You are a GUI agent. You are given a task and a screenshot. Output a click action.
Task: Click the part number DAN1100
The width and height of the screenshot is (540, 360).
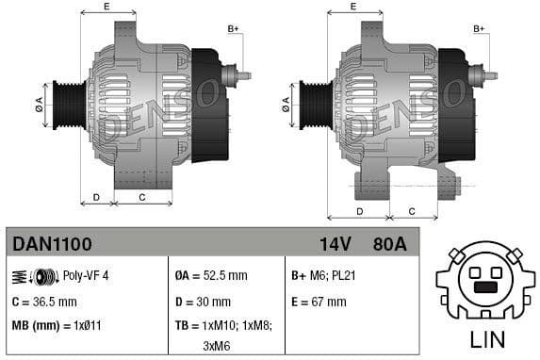(x=52, y=245)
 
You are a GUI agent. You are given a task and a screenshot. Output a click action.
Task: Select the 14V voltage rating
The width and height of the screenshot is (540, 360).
(x=335, y=245)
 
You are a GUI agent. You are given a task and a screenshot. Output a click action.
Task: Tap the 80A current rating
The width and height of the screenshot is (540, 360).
(x=388, y=245)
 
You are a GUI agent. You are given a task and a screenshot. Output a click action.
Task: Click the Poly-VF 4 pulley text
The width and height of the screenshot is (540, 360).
(x=86, y=276)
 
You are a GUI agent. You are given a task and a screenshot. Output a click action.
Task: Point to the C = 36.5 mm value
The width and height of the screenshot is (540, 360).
(x=44, y=302)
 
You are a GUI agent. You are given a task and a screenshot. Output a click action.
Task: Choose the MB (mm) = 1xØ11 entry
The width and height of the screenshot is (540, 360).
(x=56, y=325)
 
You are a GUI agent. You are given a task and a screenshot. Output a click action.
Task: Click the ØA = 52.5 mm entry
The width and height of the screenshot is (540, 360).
(x=211, y=276)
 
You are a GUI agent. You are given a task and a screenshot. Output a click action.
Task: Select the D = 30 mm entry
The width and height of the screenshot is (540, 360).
(x=203, y=302)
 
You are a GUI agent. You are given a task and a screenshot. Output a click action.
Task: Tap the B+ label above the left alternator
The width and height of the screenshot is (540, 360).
(x=233, y=29)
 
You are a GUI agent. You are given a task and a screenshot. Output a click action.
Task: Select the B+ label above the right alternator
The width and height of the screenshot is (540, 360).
(x=479, y=29)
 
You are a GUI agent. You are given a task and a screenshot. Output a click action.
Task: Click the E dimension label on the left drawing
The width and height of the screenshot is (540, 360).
(x=106, y=8)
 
